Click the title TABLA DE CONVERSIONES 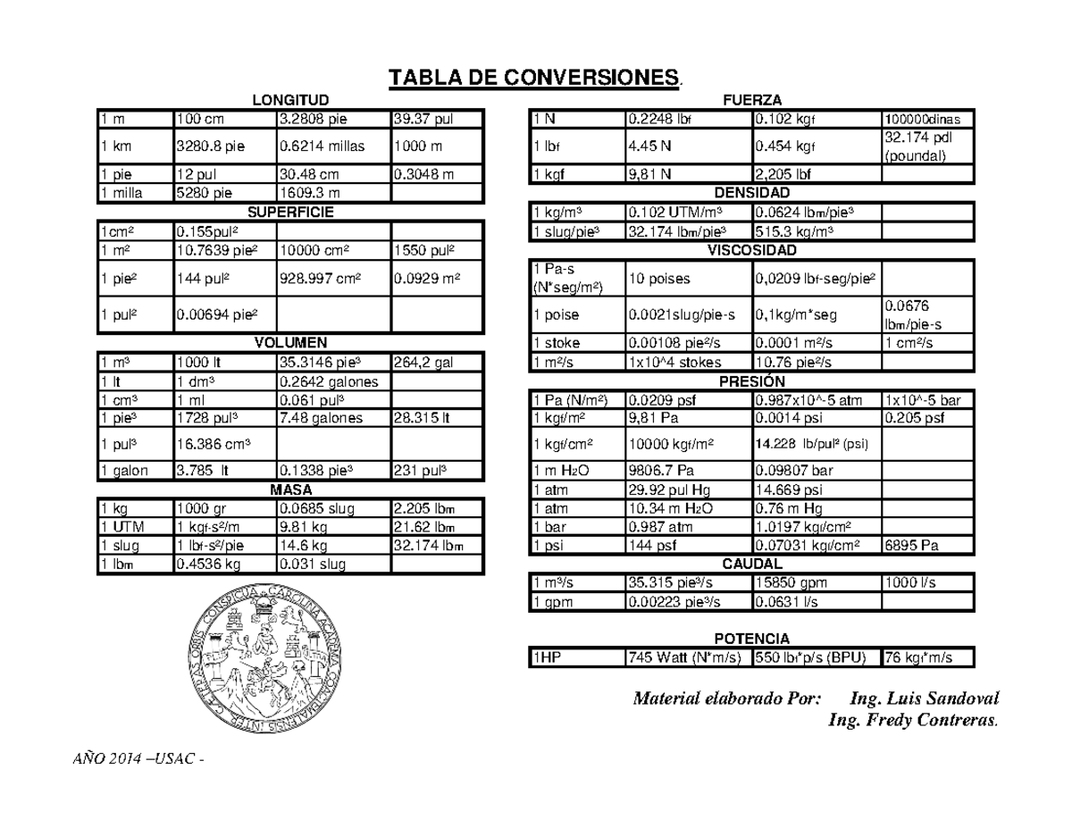[533, 78]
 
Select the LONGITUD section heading [290, 99]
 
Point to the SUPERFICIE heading [290, 212]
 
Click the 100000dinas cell [923, 120]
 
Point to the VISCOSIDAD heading [751, 251]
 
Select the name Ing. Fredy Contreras [914, 720]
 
